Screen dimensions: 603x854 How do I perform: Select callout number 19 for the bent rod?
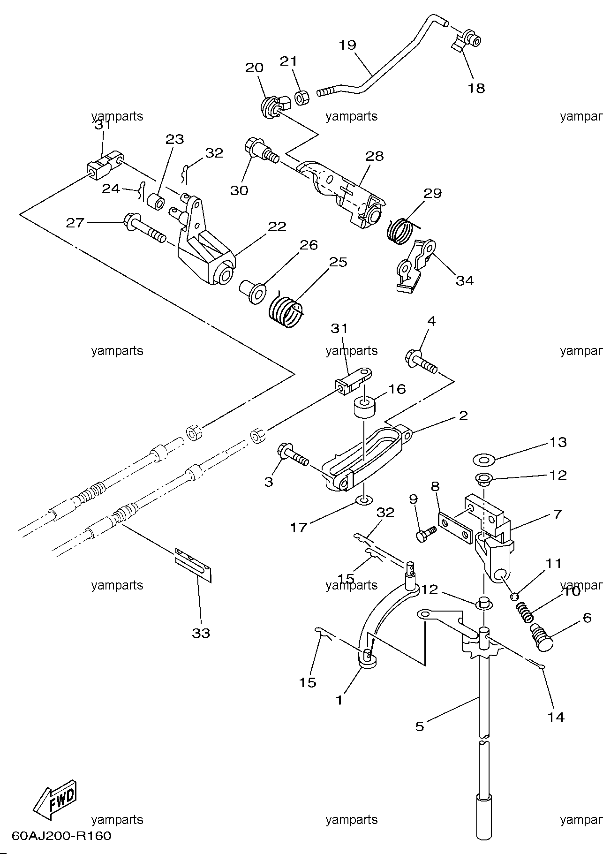point(348,45)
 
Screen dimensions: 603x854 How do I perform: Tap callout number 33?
point(201,633)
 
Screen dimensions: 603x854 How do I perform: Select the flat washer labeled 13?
point(483,459)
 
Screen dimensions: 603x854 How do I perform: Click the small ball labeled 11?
point(514,596)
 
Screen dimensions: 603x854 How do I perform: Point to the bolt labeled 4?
point(421,363)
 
